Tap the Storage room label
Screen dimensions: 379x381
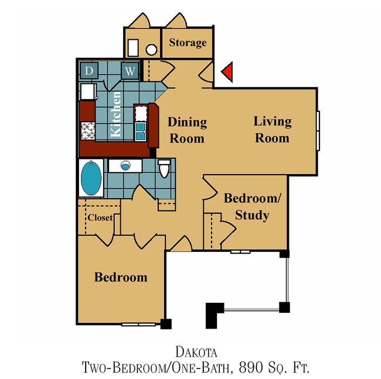pyautogui.click(x=188, y=43)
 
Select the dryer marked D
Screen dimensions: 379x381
pyautogui.click(x=89, y=71)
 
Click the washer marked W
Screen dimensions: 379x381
pyautogui.click(x=130, y=71)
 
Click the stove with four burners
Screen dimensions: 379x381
pyautogui.click(x=88, y=131)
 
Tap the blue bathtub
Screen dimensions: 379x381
pyautogui.click(x=90, y=178)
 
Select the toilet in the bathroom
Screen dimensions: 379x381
pyautogui.click(x=165, y=169)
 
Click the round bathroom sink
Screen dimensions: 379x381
pyautogui.click(x=125, y=166)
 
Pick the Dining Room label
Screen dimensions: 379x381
pyautogui.click(x=188, y=130)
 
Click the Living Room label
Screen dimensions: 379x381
pyautogui.click(x=273, y=129)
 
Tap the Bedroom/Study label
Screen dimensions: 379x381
pyautogui.click(x=252, y=206)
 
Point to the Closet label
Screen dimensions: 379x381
pyautogui.click(x=100, y=218)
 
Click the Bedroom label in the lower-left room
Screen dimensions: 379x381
pyautogui.click(x=121, y=276)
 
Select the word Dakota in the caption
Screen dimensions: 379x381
pyautogui.click(x=196, y=352)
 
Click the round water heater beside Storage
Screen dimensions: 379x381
pyautogui.click(x=151, y=49)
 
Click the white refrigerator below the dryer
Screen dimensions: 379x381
pyautogui.click(x=89, y=91)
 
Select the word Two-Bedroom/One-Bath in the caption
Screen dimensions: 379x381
pyautogui.click(x=155, y=368)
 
